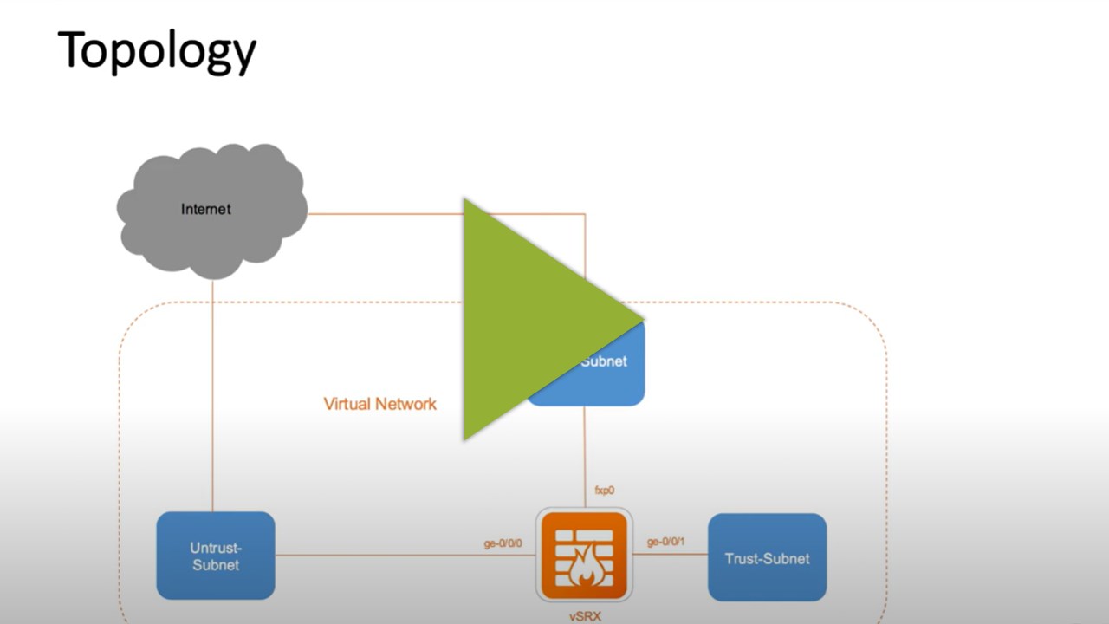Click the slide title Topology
[157, 51]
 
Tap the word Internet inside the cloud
[206, 209]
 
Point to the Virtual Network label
[379, 404]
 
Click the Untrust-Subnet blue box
[216, 556]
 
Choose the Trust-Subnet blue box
[767, 557]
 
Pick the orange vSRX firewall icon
[583, 556]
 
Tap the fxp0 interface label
[604, 491]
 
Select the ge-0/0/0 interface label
[503, 543]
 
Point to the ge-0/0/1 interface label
[665, 543]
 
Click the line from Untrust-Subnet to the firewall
[390, 556]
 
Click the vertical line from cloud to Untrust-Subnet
[212, 390]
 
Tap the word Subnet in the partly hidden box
[604, 361]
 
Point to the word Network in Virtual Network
[406, 404]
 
